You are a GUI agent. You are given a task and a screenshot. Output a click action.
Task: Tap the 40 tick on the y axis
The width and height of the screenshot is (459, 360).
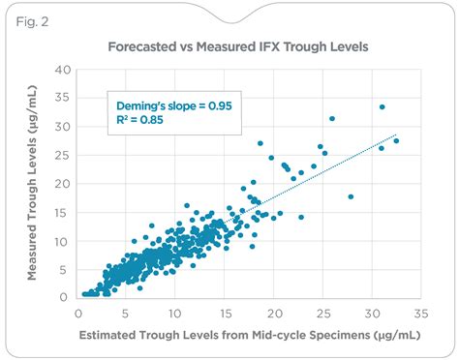(63, 71)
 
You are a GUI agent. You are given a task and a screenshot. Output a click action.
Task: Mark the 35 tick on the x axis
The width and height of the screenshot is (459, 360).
(420, 314)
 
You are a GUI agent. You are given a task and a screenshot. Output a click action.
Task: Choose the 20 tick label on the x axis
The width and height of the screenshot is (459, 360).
(274, 314)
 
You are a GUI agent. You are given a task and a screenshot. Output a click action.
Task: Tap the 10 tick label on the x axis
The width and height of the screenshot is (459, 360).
(176, 314)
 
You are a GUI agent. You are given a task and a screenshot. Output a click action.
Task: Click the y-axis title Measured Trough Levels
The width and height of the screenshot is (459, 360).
(33, 184)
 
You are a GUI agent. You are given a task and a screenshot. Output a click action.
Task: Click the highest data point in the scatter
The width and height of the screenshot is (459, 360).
(382, 107)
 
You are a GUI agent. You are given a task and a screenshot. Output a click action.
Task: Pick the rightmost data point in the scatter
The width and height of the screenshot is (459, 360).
(396, 141)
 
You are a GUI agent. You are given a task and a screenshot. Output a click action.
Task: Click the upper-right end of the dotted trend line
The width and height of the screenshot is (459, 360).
(397, 135)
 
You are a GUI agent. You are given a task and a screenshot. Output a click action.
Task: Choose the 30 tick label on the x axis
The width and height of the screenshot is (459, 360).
(372, 314)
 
